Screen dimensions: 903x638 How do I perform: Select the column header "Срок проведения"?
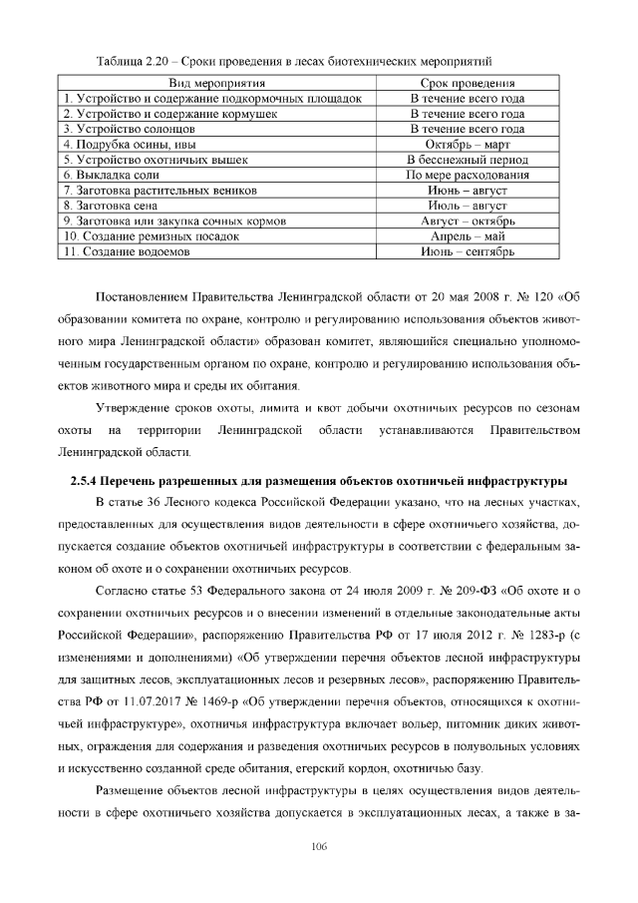click(468, 83)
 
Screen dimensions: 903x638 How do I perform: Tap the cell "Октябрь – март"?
click(468, 144)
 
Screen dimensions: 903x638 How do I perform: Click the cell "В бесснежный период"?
click(468, 160)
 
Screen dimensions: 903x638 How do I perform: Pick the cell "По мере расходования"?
click(468, 175)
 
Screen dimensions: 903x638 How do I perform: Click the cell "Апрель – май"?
click(468, 236)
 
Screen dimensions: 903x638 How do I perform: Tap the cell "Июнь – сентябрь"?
click(468, 252)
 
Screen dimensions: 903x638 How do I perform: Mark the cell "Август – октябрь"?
click(468, 221)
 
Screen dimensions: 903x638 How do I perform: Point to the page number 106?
click(319, 846)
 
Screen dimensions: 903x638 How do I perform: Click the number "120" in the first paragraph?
click(542, 296)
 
